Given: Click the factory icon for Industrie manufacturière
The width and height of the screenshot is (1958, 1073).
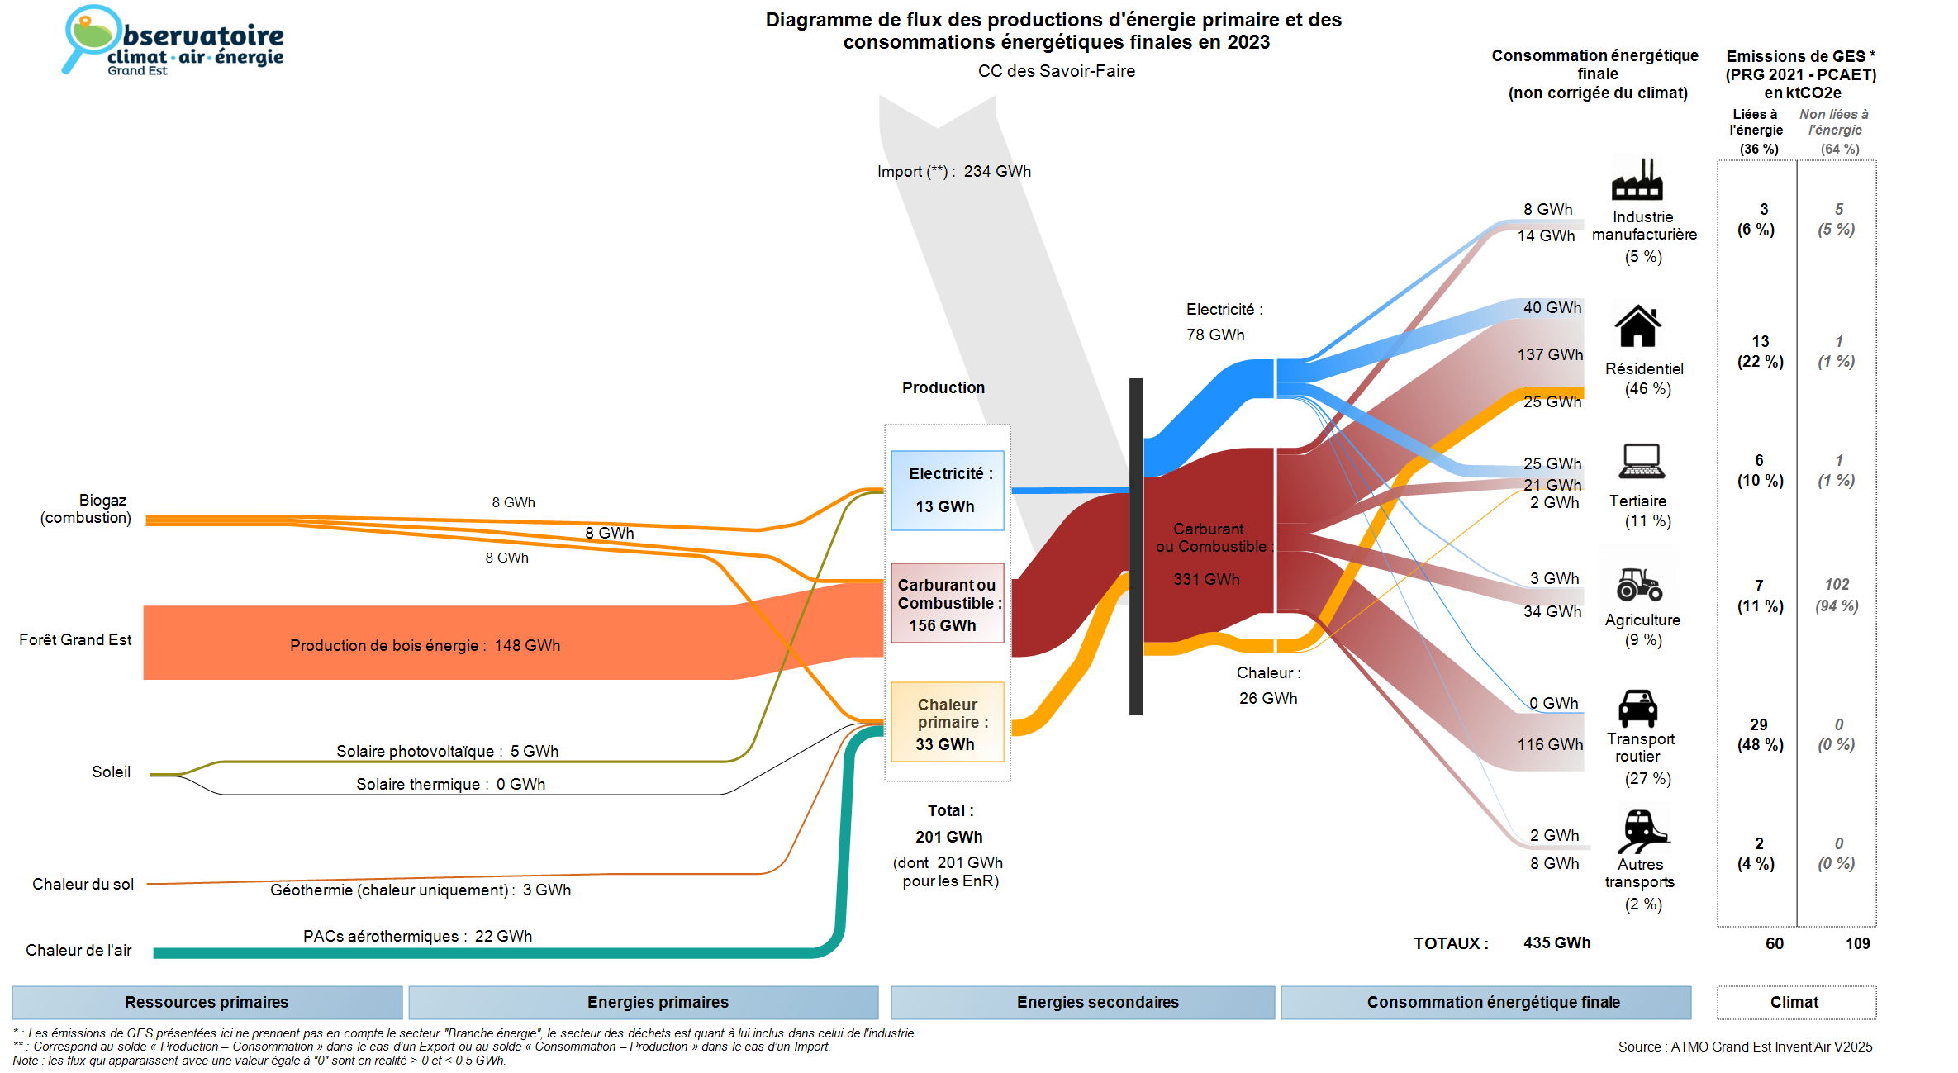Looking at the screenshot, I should point(1637,179).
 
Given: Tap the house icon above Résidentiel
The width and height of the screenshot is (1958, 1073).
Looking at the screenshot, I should point(1637,326).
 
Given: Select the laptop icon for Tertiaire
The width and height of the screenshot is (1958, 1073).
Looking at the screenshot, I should point(1641,461).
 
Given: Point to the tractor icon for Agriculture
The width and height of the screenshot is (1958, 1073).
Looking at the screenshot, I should point(1639,584).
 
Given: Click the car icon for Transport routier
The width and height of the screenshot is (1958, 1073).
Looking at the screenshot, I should point(1637,708).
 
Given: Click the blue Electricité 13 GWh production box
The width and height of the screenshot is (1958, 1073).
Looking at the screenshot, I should point(947,490).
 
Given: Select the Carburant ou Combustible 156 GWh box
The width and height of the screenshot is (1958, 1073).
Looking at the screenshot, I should point(947,604).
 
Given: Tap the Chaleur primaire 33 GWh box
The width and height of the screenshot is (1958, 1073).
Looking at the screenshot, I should point(947,723).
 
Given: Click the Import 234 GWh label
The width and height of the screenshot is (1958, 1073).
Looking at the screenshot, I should point(953,172).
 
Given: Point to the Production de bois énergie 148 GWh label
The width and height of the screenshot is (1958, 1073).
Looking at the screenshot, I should point(425,645).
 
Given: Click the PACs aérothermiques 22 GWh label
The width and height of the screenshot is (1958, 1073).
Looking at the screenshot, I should point(417,936).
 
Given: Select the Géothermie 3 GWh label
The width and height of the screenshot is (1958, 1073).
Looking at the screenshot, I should point(420,890).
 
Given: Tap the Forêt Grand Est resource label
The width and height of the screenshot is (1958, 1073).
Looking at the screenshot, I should point(75,639).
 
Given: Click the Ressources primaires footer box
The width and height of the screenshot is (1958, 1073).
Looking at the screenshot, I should point(207,1002).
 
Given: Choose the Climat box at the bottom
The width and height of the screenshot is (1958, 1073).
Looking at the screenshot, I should point(1795,1002).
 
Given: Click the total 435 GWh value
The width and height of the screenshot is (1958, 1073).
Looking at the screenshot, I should point(1556,942).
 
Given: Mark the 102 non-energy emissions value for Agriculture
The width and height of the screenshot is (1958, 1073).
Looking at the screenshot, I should point(1837,585).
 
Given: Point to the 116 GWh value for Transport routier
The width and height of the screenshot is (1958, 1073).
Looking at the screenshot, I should point(1550,744).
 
